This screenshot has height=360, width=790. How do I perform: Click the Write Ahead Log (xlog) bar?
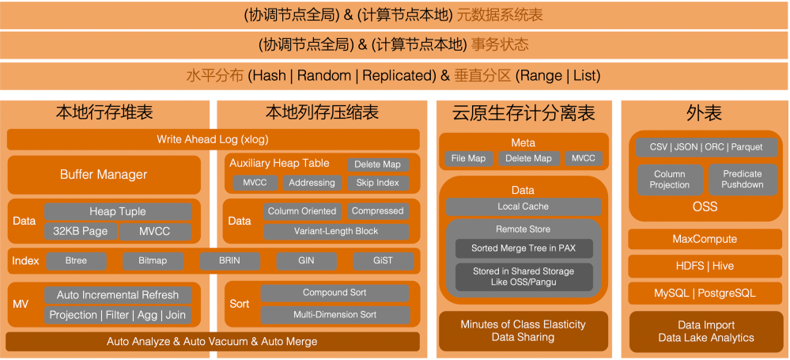click(213, 140)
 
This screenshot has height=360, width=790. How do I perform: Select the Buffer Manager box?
click(104, 174)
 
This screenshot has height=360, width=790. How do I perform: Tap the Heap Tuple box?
click(118, 211)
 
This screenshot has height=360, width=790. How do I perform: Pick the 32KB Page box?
click(80, 231)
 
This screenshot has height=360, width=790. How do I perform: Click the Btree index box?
click(76, 260)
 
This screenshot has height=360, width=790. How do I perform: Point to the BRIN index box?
click(229, 260)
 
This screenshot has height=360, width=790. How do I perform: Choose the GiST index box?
click(383, 260)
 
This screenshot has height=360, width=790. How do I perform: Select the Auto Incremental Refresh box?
click(118, 295)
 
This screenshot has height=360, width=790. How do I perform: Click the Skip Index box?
click(378, 183)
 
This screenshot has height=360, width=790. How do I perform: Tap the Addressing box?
click(312, 183)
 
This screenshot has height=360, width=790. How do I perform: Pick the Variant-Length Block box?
click(336, 231)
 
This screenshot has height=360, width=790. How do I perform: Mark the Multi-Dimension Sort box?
click(335, 314)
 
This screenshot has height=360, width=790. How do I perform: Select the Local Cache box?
click(523, 207)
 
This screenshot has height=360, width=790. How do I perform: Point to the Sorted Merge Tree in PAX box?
click(524, 248)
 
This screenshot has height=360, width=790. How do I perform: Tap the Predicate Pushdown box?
click(742, 179)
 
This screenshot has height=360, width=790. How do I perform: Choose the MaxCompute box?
click(704, 239)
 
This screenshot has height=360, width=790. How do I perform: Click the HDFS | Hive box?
click(704, 266)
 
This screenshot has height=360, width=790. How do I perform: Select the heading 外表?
click(704, 114)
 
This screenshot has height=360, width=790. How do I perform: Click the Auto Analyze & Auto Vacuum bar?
click(213, 342)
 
